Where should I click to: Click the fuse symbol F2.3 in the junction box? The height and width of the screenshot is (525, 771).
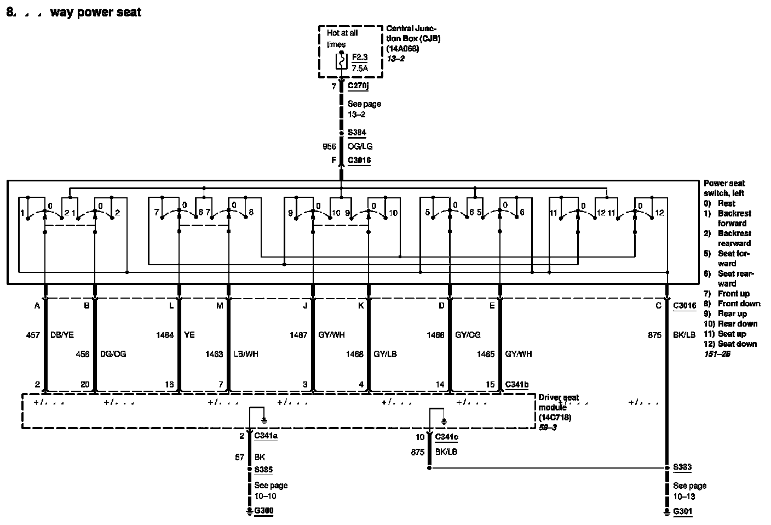pyautogui.click(x=342, y=61)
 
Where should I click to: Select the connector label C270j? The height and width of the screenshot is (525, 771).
pyautogui.click(x=358, y=86)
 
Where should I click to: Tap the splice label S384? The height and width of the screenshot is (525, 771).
pyautogui.click(x=356, y=133)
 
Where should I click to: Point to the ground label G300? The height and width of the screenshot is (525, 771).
pyautogui.click(x=263, y=511)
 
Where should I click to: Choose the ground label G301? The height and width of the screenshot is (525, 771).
pyautogui.click(x=682, y=511)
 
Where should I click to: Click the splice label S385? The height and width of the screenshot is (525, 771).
pyautogui.click(x=263, y=470)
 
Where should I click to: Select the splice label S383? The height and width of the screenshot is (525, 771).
pyautogui.click(x=682, y=467)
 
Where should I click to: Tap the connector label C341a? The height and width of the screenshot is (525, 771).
pyautogui.click(x=266, y=436)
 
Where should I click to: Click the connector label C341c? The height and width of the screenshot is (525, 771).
pyautogui.click(x=446, y=437)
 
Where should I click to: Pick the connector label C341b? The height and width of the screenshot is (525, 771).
pyautogui.click(x=516, y=385)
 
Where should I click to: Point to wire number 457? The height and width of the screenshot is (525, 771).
pyautogui.click(x=33, y=335)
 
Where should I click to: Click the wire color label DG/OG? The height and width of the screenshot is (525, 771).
pyautogui.click(x=113, y=354)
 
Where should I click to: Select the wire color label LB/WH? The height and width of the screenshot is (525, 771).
pyautogui.click(x=246, y=354)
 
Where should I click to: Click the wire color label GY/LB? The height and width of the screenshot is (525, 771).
pyautogui.click(x=385, y=354)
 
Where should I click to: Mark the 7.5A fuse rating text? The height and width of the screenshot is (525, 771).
pyautogui.click(x=360, y=69)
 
